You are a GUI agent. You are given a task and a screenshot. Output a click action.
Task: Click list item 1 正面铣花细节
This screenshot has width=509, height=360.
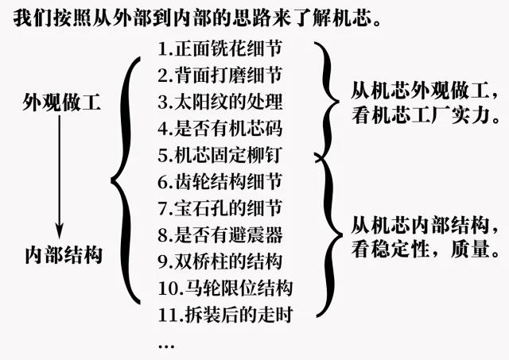[x=220, y=48]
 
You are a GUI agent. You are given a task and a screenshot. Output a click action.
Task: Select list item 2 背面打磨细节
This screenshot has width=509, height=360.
[x=220, y=75]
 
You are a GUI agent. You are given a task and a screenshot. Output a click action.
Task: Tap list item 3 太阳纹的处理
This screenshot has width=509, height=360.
[x=220, y=102]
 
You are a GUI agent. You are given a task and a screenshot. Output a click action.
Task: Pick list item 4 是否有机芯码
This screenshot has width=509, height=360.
[x=220, y=129]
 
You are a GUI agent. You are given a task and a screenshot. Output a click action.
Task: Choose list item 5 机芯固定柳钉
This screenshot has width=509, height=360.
[x=220, y=155]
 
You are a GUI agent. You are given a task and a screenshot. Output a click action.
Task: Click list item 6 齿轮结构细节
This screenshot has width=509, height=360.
[x=220, y=182]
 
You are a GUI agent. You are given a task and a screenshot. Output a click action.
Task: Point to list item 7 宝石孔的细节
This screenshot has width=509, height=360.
[x=220, y=208]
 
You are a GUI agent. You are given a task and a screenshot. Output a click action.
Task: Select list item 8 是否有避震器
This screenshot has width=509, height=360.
[x=220, y=234]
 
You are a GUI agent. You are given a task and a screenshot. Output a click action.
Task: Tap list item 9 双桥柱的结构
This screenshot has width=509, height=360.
[x=220, y=261]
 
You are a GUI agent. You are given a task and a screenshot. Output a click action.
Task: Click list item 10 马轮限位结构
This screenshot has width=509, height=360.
[x=226, y=288]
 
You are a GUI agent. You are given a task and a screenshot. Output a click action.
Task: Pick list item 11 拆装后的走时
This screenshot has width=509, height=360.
[x=226, y=315]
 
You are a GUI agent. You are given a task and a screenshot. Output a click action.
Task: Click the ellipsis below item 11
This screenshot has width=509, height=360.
[x=166, y=346]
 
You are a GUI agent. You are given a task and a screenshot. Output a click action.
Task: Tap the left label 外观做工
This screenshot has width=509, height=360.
[x=62, y=103]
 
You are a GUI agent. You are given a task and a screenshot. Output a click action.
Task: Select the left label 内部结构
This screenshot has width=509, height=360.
[x=64, y=255]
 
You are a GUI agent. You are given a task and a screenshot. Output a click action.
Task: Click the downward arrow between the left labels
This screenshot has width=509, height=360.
[x=59, y=177]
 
